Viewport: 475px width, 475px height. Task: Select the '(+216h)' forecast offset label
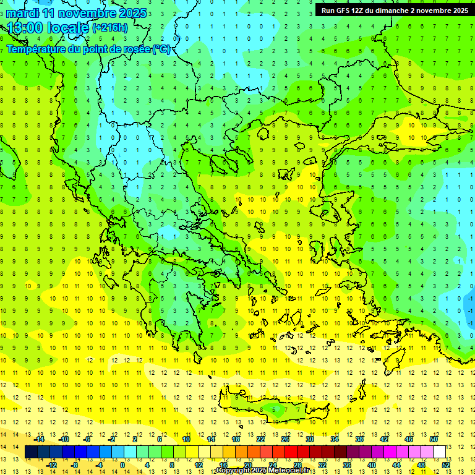(x=110, y=27)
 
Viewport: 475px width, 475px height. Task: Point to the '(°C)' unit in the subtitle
(x=161, y=49)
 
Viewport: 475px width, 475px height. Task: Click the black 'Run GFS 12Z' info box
(x=394, y=10)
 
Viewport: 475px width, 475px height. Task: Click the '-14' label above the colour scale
(x=39, y=439)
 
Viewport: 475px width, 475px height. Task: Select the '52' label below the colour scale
(x=446, y=465)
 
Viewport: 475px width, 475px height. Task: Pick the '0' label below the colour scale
(x=122, y=465)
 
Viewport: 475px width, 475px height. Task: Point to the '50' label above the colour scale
(x=434, y=439)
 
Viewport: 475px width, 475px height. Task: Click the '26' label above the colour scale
(x=285, y=439)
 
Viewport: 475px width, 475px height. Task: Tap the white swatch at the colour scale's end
(x=439, y=452)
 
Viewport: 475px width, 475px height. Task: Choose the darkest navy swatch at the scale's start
(x=31, y=452)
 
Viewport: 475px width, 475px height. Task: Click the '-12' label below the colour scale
(x=52, y=465)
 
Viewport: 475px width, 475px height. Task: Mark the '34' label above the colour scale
(x=335, y=439)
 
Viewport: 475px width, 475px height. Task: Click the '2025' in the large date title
(x=132, y=13)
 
